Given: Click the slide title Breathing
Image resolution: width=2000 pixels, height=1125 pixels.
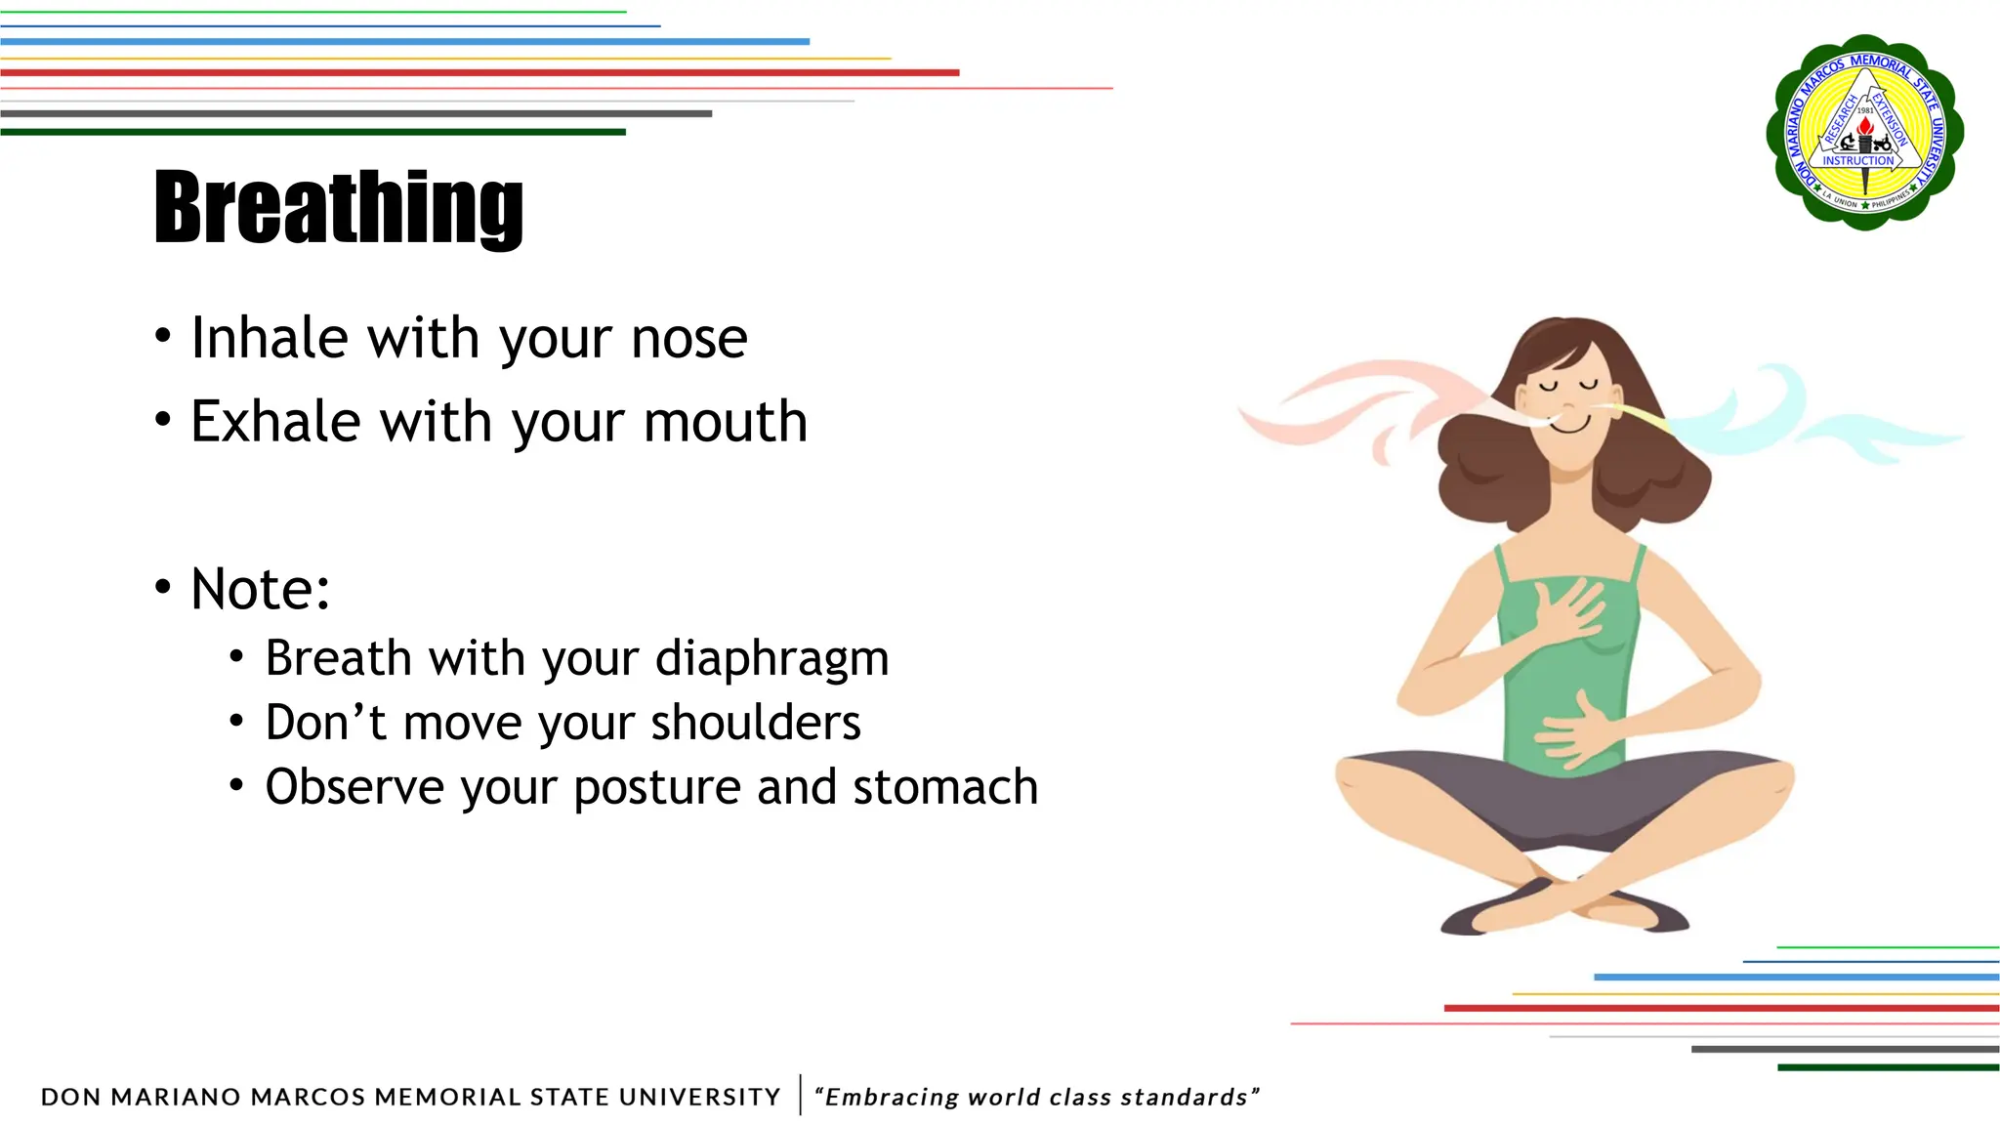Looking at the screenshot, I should click(339, 207).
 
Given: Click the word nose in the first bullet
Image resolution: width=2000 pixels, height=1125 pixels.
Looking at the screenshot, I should click(689, 339).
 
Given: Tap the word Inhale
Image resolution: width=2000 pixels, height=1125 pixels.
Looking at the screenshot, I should click(270, 339).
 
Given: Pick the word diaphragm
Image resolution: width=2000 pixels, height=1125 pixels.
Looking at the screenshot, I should click(771, 658).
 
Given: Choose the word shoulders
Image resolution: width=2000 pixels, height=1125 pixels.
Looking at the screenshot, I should click(756, 723).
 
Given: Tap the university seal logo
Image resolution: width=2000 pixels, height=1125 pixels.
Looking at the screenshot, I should click(1864, 133).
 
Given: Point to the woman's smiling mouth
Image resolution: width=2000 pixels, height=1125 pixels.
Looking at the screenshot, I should click(1570, 426).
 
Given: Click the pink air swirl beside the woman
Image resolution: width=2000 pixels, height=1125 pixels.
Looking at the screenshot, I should click(1367, 400).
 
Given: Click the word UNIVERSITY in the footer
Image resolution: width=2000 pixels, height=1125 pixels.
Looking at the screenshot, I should click(699, 1097).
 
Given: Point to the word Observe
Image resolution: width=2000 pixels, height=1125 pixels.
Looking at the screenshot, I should click(354, 787).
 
